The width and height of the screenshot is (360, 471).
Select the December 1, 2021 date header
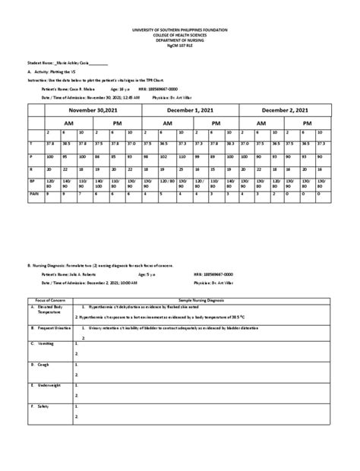click(191, 110)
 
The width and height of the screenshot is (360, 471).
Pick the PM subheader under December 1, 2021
click(216, 122)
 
